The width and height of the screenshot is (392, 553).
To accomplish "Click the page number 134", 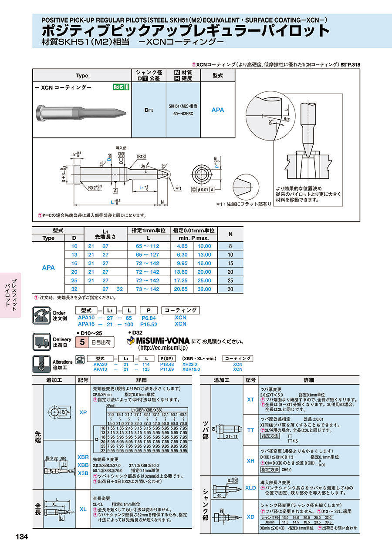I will (x=21, y=537).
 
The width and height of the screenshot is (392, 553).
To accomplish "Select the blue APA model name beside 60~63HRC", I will (x=218, y=110).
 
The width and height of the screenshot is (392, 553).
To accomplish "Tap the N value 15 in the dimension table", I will (x=230, y=263).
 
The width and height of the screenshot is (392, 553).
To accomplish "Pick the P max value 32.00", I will (x=204, y=289).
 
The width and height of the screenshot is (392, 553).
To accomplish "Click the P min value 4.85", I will (x=182, y=246).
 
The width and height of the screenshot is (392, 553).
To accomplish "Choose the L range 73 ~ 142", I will (x=148, y=289).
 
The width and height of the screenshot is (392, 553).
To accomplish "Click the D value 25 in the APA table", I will (x=74, y=280).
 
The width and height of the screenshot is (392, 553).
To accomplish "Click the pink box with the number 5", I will (x=81, y=342).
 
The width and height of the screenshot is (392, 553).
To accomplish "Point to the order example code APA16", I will (x=86, y=324).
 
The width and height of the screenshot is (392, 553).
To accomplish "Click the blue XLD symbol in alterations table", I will (x=250, y=488).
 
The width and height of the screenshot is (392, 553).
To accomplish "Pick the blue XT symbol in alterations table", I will (x=250, y=399).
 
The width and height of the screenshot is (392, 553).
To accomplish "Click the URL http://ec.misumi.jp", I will (x=162, y=348).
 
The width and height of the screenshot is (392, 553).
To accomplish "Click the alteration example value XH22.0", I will (x=190, y=364).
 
